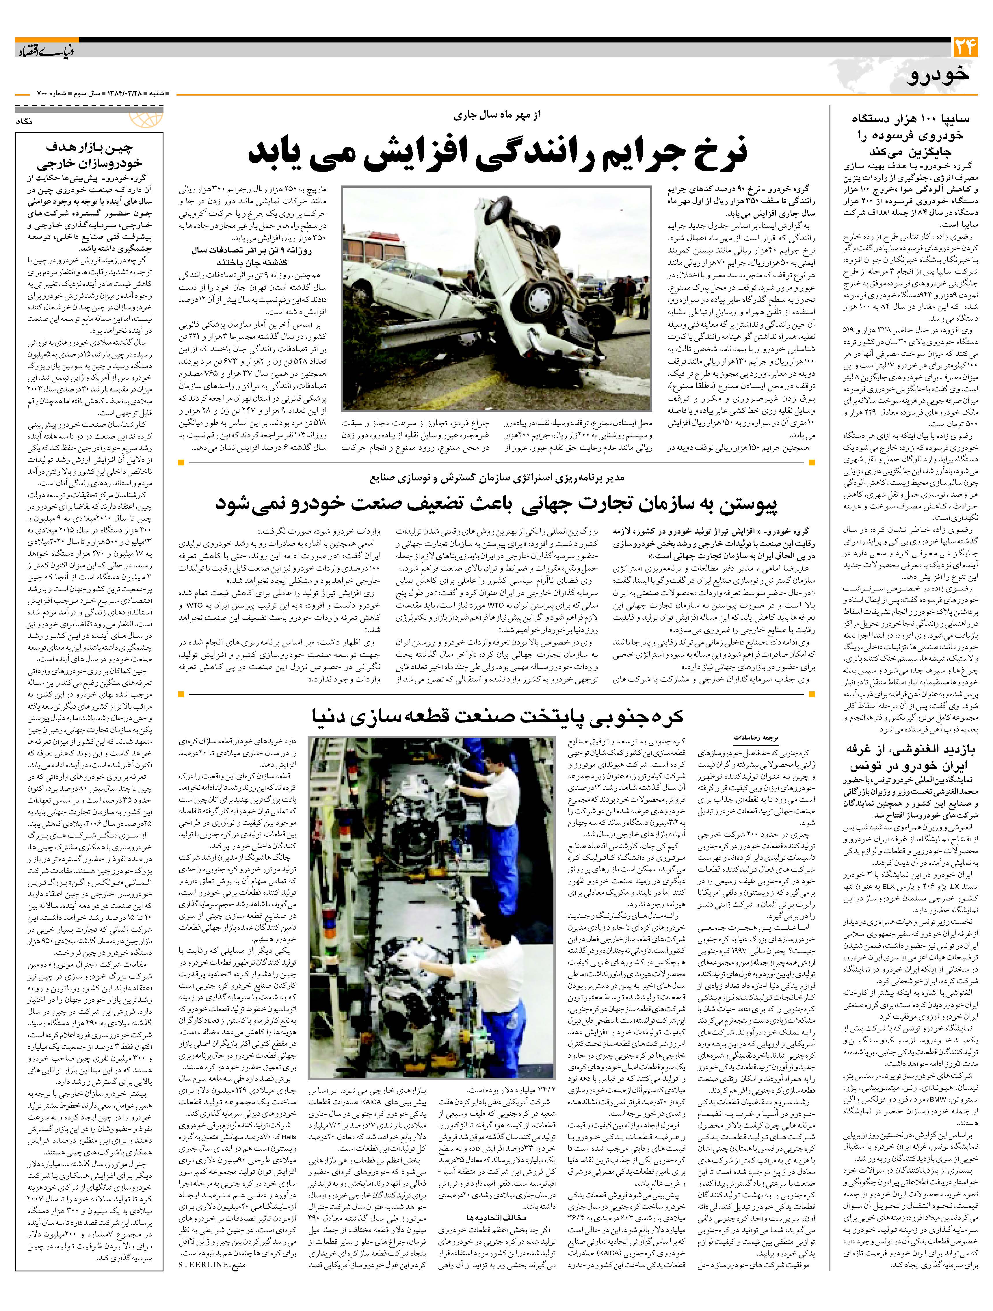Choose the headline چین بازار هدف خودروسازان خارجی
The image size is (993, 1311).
(89, 155)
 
